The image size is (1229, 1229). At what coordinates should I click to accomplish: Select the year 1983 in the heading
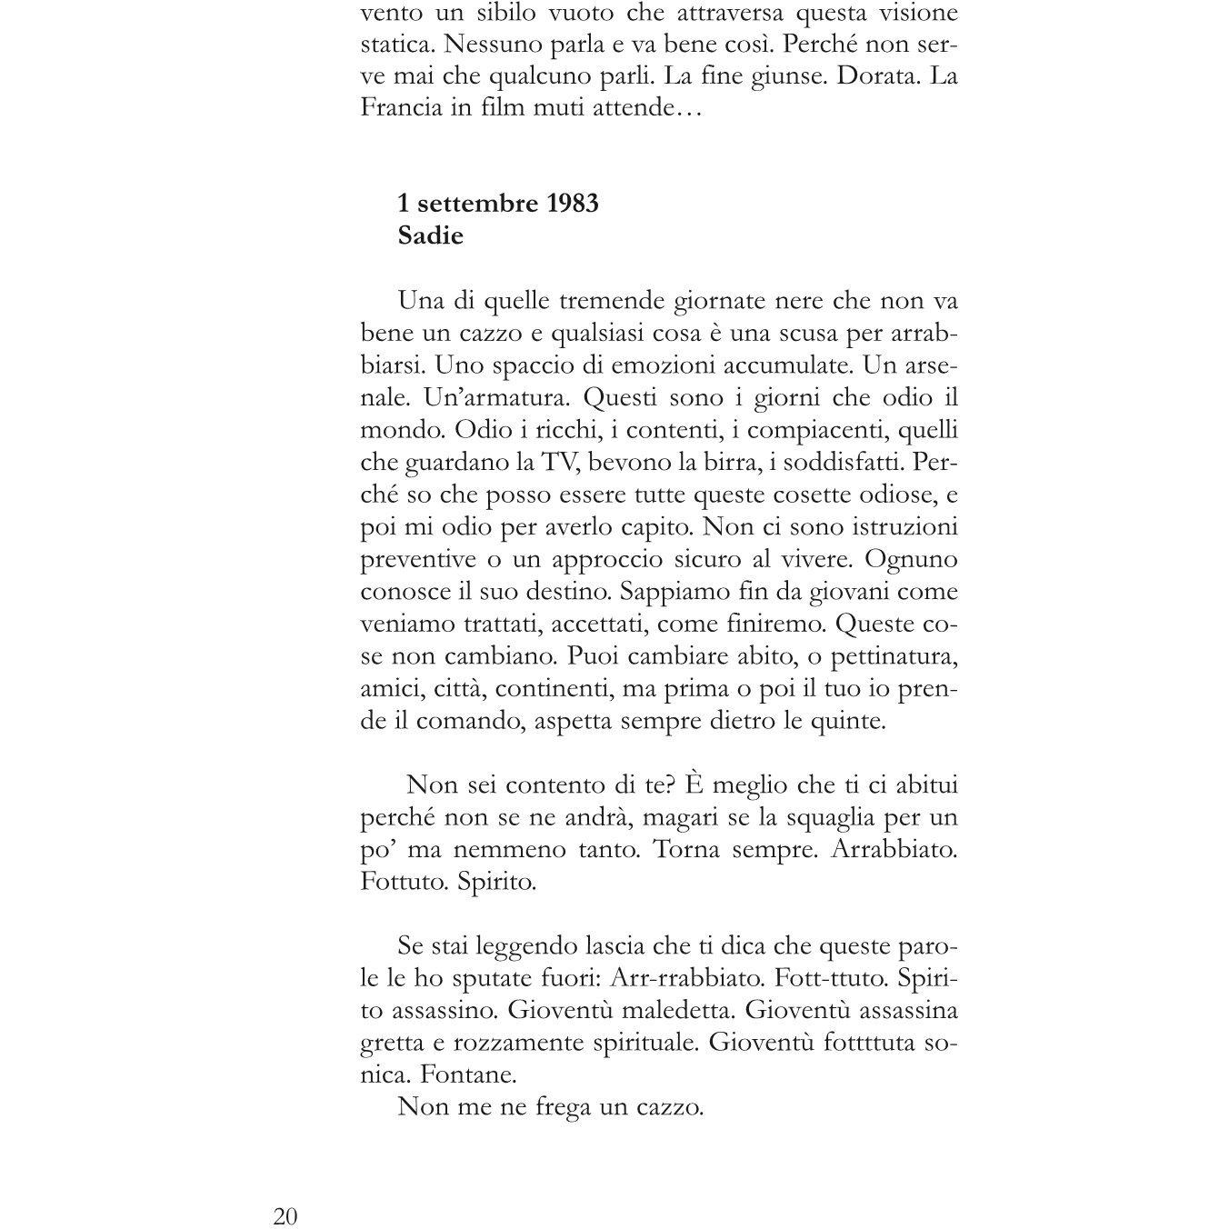point(573,203)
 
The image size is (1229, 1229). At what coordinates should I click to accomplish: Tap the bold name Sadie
point(431,235)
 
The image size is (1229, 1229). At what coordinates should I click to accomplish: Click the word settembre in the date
point(477,203)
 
